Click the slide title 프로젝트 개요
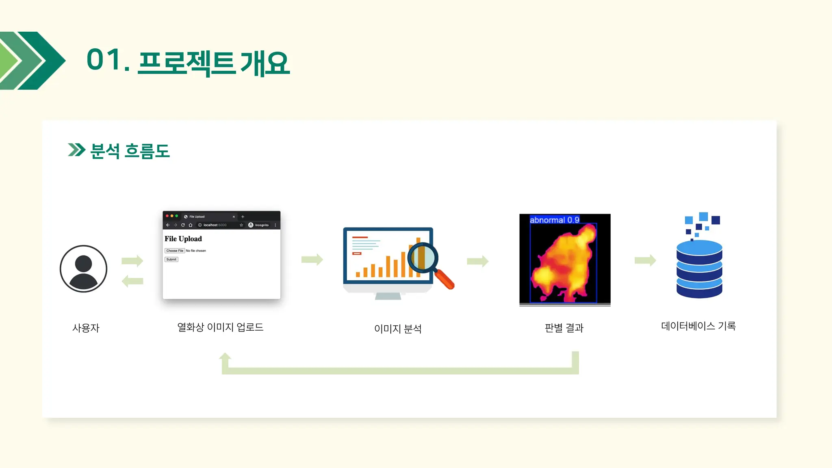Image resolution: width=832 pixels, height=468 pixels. (x=214, y=63)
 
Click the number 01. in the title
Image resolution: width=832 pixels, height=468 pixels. (x=108, y=60)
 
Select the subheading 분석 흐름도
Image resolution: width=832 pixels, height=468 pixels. (x=129, y=151)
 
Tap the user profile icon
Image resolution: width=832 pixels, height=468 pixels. (x=83, y=269)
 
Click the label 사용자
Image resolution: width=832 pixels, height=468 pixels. (x=86, y=328)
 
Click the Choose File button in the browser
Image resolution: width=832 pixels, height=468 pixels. (x=175, y=251)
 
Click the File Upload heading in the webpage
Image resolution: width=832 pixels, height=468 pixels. (x=183, y=239)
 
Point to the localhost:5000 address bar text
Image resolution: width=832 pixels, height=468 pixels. (x=215, y=225)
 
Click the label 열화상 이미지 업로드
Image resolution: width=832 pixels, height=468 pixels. (x=220, y=327)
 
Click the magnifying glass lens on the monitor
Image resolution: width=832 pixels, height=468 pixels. (x=422, y=257)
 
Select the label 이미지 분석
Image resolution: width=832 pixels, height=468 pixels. (x=398, y=329)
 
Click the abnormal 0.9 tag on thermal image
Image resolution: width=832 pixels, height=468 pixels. (x=554, y=220)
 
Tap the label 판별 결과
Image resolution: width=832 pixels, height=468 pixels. (x=564, y=328)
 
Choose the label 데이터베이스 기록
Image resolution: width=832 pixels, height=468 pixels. (x=698, y=326)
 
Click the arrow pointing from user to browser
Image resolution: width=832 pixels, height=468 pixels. (x=132, y=260)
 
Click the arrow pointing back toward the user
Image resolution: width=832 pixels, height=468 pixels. (x=132, y=281)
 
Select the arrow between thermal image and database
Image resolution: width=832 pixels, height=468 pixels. (x=645, y=260)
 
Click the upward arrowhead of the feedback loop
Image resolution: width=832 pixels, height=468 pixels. (x=225, y=357)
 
